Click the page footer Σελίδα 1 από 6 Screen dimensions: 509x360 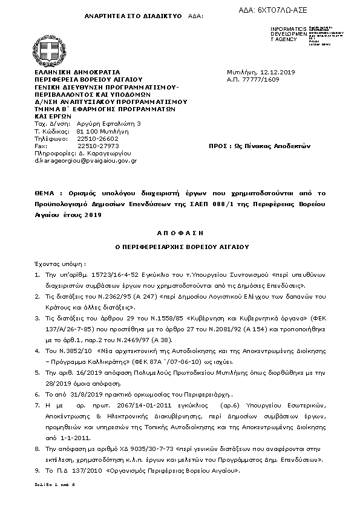tap(54, 485)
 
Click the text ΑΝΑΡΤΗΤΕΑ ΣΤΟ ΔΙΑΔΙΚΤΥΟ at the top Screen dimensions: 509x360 tap(120, 16)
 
